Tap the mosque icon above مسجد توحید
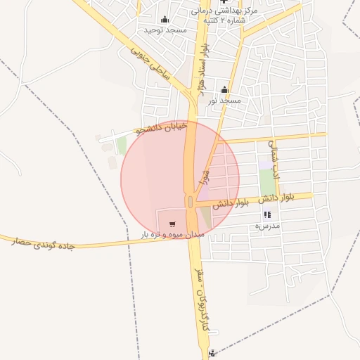pyautogui.click(x=165, y=19)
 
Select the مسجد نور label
pyautogui.click(x=224, y=101)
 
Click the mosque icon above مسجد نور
pyautogui.click(x=224, y=89)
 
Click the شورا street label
pyautogui.click(x=206, y=175)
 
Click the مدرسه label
pyautogui.click(x=267, y=226)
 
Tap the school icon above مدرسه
pyautogui.click(x=267, y=214)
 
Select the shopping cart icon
pyautogui.click(x=172, y=224)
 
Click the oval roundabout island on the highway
pyautogui.click(x=191, y=202)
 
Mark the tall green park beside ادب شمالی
pyautogui.click(x=267, y=183)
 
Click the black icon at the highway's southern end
pyautogui.click(x=212, y=353)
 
